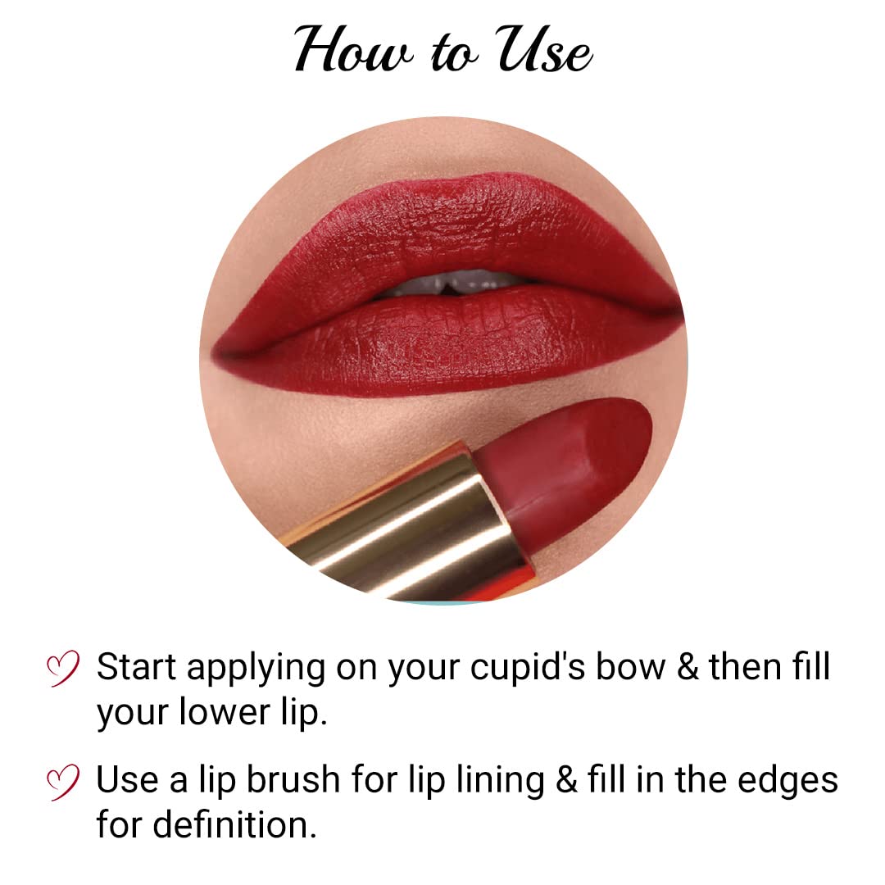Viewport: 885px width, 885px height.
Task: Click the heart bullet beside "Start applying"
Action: [63, 668]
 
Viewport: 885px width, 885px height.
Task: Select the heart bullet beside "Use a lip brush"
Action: [63, 780]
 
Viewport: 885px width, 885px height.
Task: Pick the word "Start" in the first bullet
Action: [137, 667]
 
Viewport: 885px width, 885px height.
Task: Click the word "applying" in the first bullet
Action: [256, 669]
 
